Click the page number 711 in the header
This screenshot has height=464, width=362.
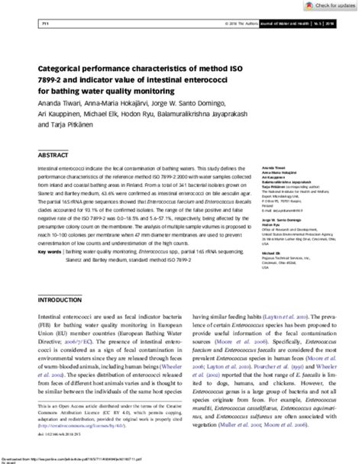click(x=33, y=25)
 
